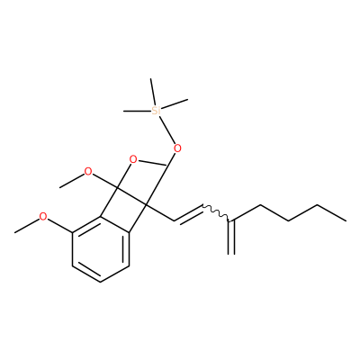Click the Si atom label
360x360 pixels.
(156, 111)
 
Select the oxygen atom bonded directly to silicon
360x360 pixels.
(177, 148)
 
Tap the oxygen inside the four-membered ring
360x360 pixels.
(133, 159)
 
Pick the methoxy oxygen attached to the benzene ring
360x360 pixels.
(43, 216)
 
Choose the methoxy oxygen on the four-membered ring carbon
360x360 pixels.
(88, 172)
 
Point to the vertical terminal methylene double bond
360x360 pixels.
(231, 237)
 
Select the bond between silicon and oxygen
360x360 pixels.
(166, 130)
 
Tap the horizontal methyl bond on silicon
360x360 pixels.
(138, 112)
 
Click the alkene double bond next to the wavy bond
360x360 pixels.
(189, 213)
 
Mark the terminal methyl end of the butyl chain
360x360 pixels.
(346, 220)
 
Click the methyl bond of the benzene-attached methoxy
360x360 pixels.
(27, 226)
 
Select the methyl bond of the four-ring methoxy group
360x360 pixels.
(72, 181)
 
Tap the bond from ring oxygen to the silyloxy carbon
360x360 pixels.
(152, 163)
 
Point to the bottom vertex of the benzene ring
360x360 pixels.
(101, 282)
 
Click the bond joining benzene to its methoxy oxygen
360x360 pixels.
(59, 225)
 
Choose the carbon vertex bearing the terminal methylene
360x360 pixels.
(231, 221)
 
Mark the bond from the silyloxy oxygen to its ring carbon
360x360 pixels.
(171, 158)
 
